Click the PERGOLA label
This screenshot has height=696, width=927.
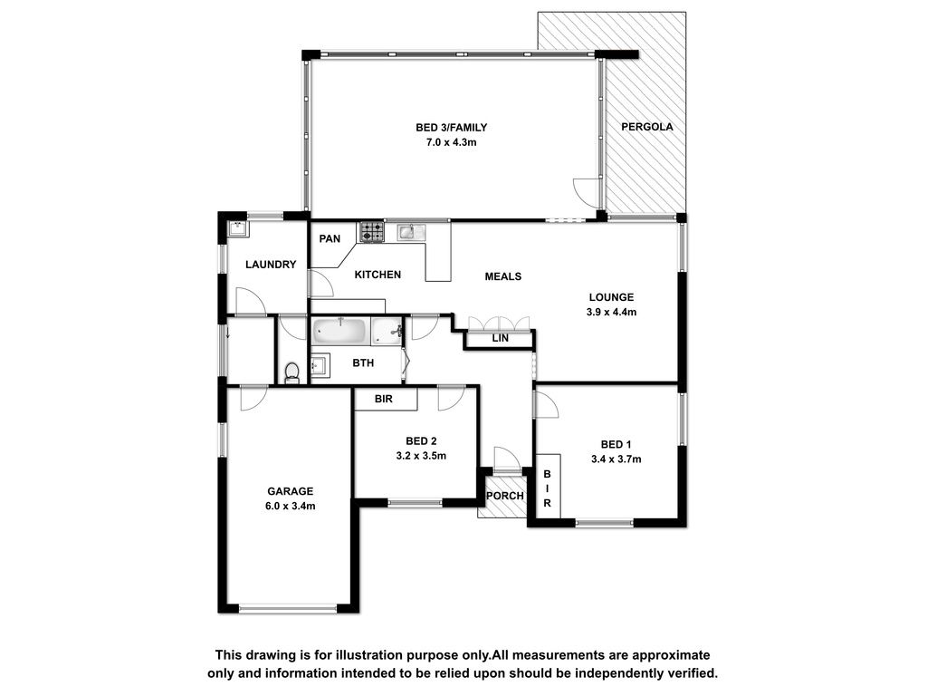coord(646,127)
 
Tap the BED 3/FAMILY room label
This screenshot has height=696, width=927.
coord(451,127)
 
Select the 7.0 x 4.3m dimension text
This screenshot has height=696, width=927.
coord(452,142)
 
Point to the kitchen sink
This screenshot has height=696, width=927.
coord(411,231)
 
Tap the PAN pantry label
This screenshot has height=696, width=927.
coord(330,238)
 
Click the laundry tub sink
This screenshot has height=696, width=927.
coord(238,227)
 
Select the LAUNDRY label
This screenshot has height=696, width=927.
coord(271,265)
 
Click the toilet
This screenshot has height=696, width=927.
coord(291,372)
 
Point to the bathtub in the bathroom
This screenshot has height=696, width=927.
coord(340,332)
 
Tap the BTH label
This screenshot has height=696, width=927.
coord(363,362)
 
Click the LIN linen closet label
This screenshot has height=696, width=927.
coord(500,339)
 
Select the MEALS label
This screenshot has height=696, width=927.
coord(503,276)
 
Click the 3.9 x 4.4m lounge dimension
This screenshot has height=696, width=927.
coord(611,312)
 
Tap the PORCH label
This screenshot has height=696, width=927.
coord(505,496)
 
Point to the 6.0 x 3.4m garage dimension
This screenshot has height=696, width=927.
coord(290,506)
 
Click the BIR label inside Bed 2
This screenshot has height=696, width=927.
coord(384,399)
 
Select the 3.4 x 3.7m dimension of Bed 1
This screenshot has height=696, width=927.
coord(616,459)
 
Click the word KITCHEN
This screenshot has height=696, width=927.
coord(377,275)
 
